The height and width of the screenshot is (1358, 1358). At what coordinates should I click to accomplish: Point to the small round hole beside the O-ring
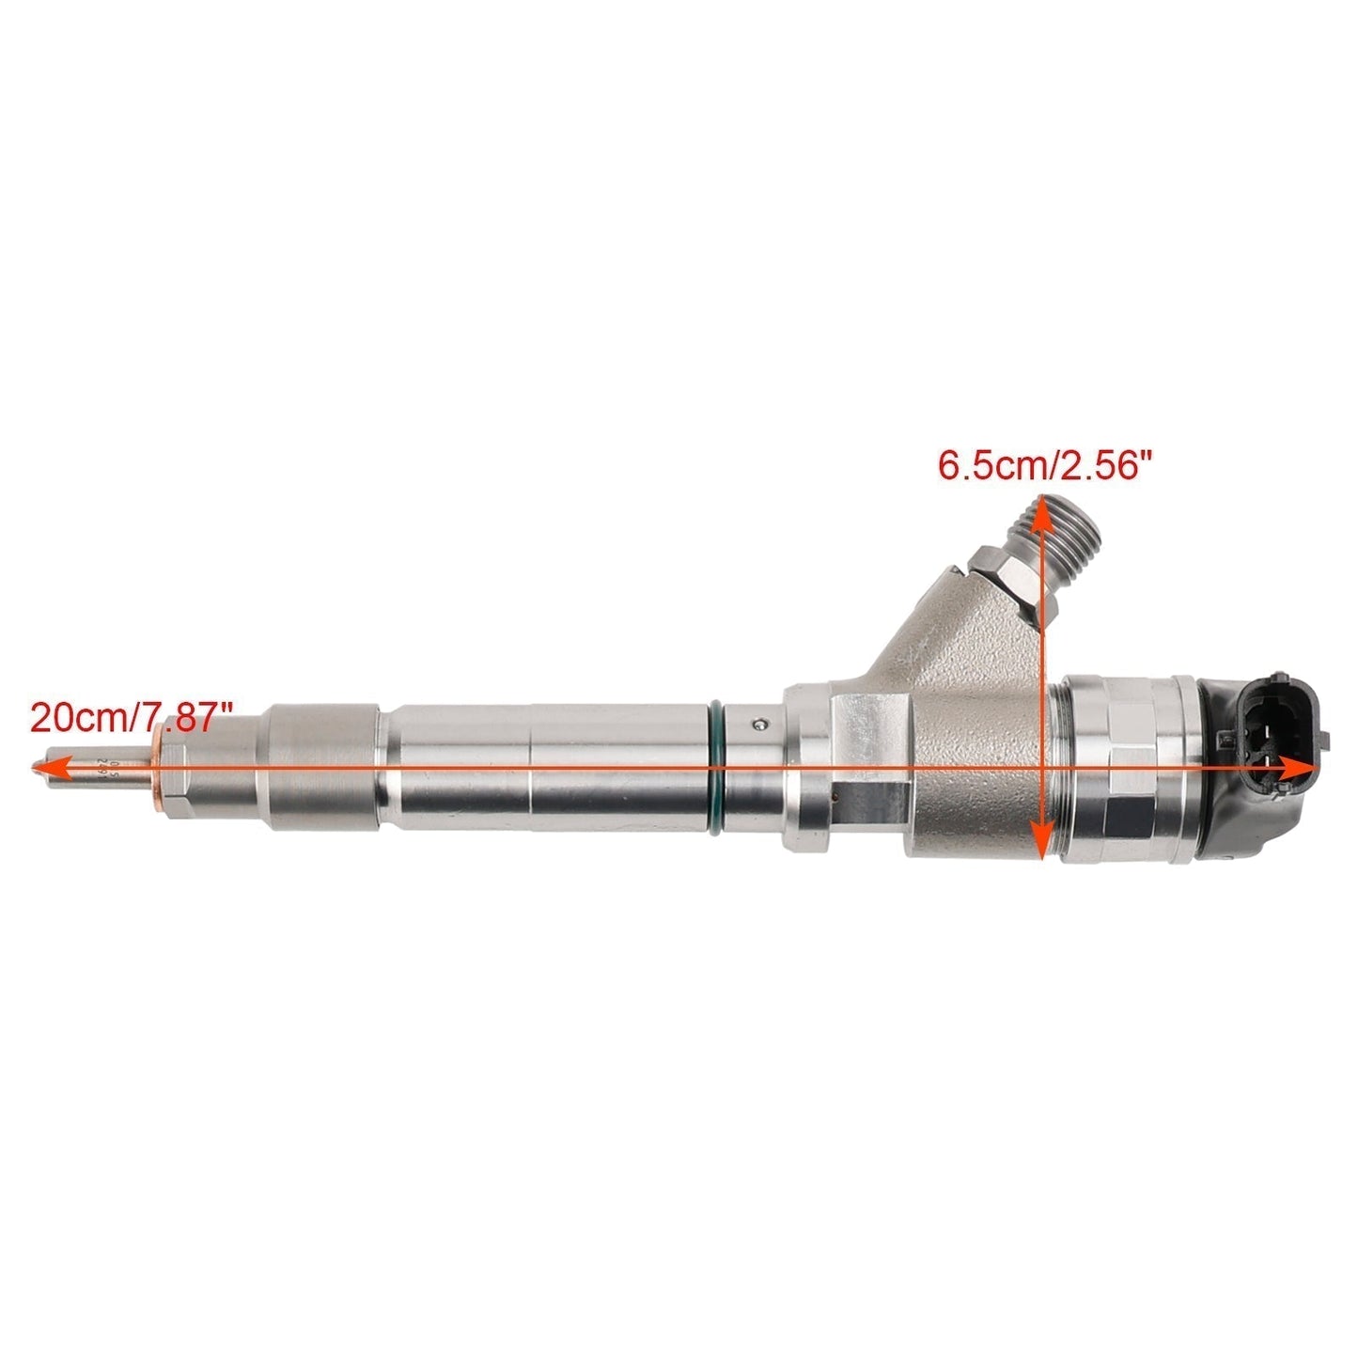pos(761,723)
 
